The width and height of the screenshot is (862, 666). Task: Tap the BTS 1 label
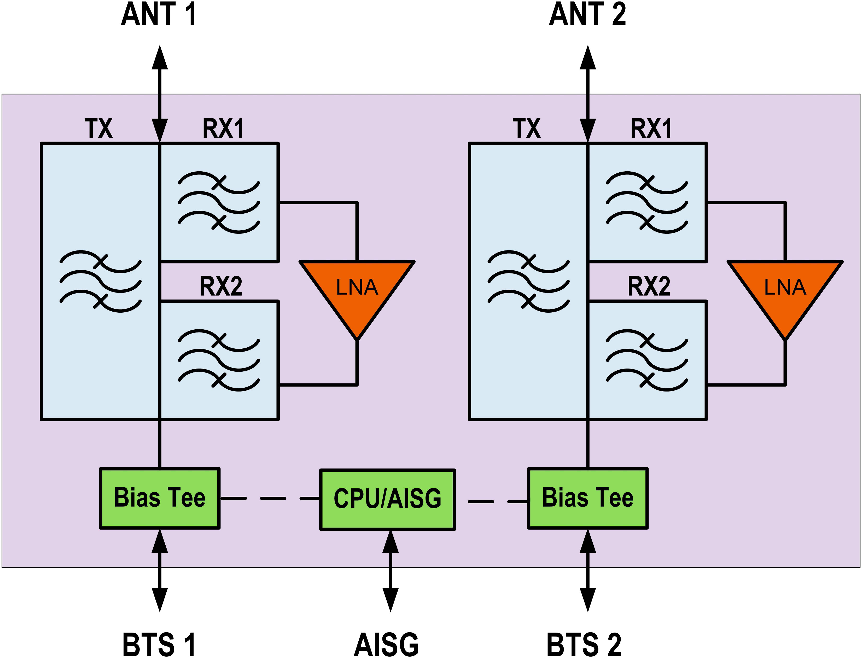(x=159, y=645)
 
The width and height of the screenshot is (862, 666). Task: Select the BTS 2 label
(x=584, y=645)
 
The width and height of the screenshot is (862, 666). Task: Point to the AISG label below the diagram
(x=386, y=645)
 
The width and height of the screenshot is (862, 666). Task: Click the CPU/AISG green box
(x=387, y=499)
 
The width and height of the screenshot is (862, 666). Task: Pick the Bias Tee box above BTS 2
(x=588, y=498)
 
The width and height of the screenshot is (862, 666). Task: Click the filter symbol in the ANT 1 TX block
(x=101, y=281)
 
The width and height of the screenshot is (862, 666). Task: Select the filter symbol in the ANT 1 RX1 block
(x=219, y=202)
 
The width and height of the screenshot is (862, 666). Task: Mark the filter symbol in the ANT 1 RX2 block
(x=219, y=360)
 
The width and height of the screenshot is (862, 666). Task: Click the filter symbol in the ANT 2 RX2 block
(x=647, y=360)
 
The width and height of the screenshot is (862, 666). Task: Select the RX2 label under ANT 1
(x=221, y=287)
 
